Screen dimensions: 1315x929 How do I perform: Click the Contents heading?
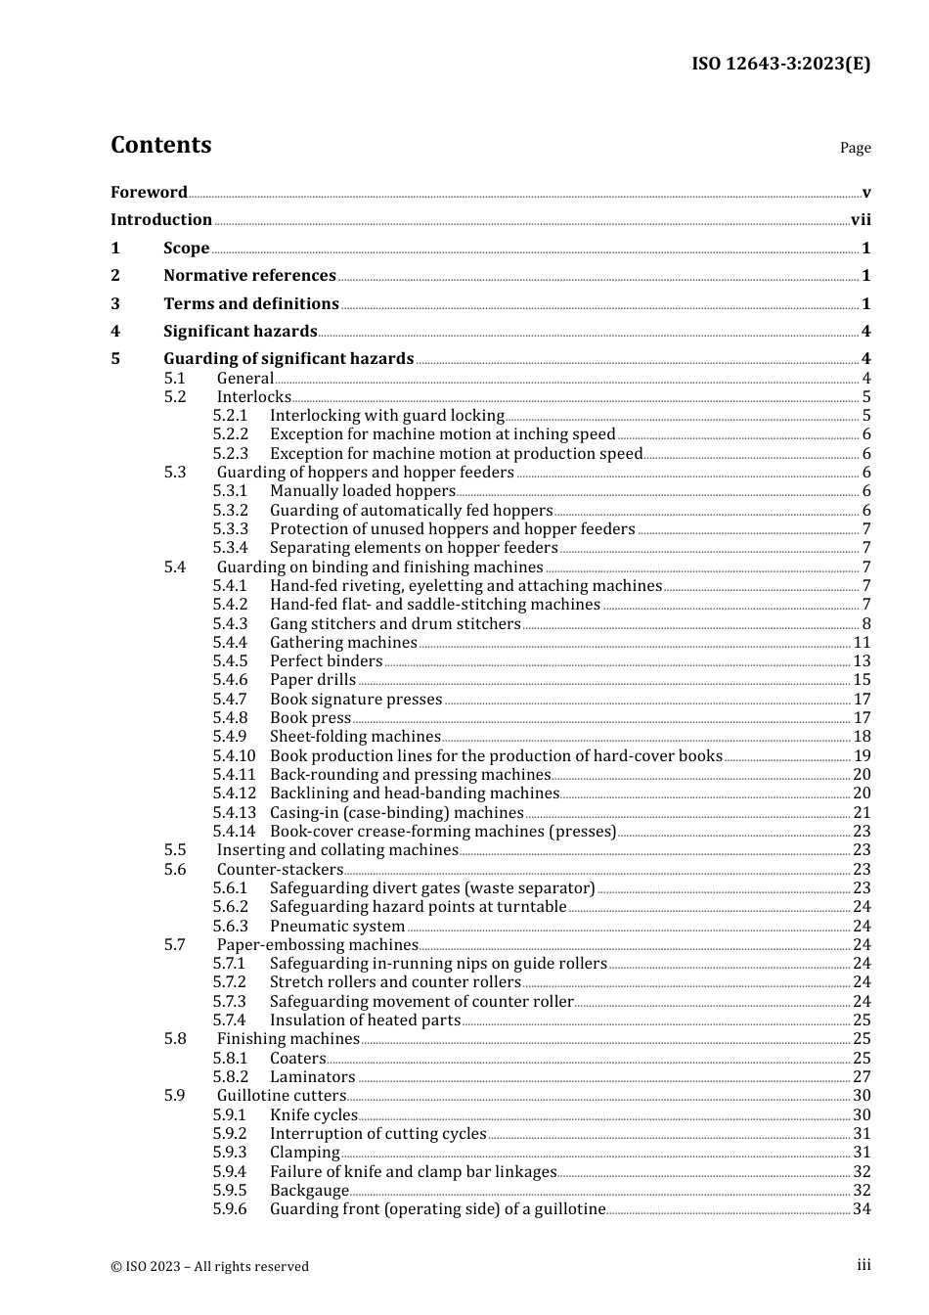point(160,145)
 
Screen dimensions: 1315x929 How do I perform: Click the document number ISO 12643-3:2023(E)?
point(780,64)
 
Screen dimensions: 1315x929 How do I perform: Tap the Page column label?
point(855,148)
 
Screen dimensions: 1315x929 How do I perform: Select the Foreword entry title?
point(149,193)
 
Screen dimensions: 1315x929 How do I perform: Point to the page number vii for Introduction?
point(861,220)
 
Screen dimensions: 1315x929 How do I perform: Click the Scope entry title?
point(186,249)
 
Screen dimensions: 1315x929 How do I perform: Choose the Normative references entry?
point(249,276)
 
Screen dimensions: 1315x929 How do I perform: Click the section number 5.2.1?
point(230,416)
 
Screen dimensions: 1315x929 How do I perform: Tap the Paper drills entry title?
point(313,680)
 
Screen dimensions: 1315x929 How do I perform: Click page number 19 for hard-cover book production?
point(862,756)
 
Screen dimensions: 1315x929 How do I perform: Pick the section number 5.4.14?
point(234,832)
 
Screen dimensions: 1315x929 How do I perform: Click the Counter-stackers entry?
point(280,870)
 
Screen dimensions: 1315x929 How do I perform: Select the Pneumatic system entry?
point(337,927)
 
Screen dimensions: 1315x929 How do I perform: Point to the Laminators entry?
point(313,1077)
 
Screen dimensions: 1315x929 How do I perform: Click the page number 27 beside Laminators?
point(862,1077)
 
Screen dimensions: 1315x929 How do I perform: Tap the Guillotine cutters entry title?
point(282,1096)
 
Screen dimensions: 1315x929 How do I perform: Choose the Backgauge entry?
point(309,1191)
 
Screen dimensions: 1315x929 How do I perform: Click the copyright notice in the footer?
point(209,1266)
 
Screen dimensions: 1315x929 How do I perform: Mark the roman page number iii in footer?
point(863,1265)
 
